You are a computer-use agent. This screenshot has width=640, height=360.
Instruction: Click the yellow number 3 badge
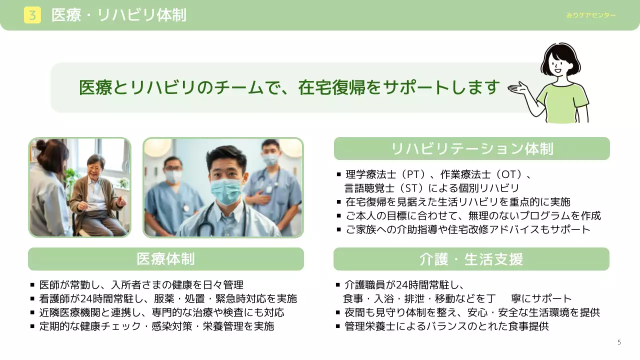[32, 15]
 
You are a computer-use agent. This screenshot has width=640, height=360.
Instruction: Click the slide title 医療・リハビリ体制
[119, 15]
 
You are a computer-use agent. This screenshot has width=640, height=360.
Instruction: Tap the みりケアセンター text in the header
[591, 15]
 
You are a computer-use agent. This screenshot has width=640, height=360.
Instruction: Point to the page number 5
[619, 342]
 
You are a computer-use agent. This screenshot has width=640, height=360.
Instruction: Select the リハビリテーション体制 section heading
[471, 149]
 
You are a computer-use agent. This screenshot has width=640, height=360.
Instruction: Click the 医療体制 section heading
[165, 259]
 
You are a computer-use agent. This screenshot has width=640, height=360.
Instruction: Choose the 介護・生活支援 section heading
[471, 259]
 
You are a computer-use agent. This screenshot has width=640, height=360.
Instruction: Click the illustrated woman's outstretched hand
[518, 89]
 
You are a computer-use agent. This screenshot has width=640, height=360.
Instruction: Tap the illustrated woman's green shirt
[563, 102]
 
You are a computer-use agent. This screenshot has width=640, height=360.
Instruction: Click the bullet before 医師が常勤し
[32, 285]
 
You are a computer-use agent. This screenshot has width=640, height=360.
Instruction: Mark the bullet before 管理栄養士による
[338, 326]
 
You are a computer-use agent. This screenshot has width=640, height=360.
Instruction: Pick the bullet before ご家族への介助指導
[338, 229]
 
